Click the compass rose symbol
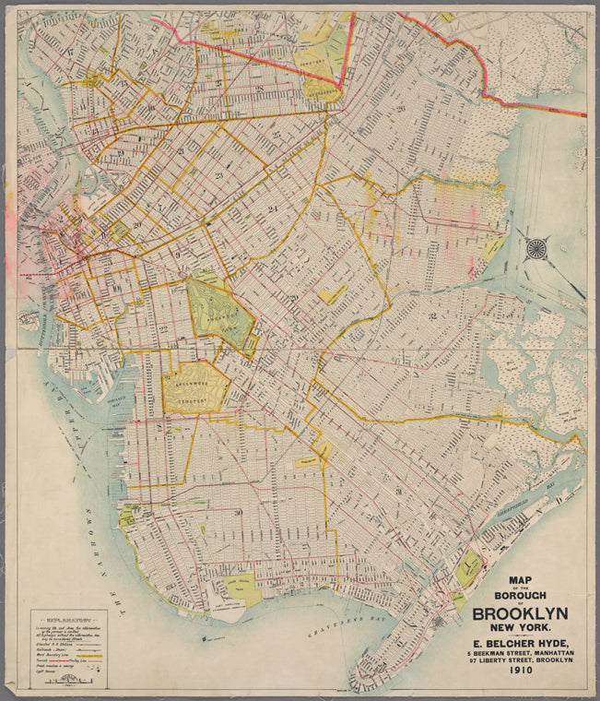(x=535, y=247)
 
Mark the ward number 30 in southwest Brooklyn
(x=238, y=513)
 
